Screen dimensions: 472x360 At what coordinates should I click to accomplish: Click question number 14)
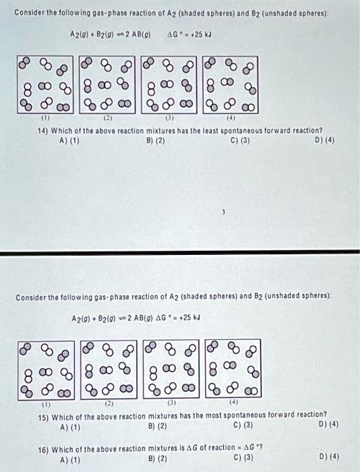[38, 130]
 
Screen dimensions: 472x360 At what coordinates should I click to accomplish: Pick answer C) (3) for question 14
[239, 140]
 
